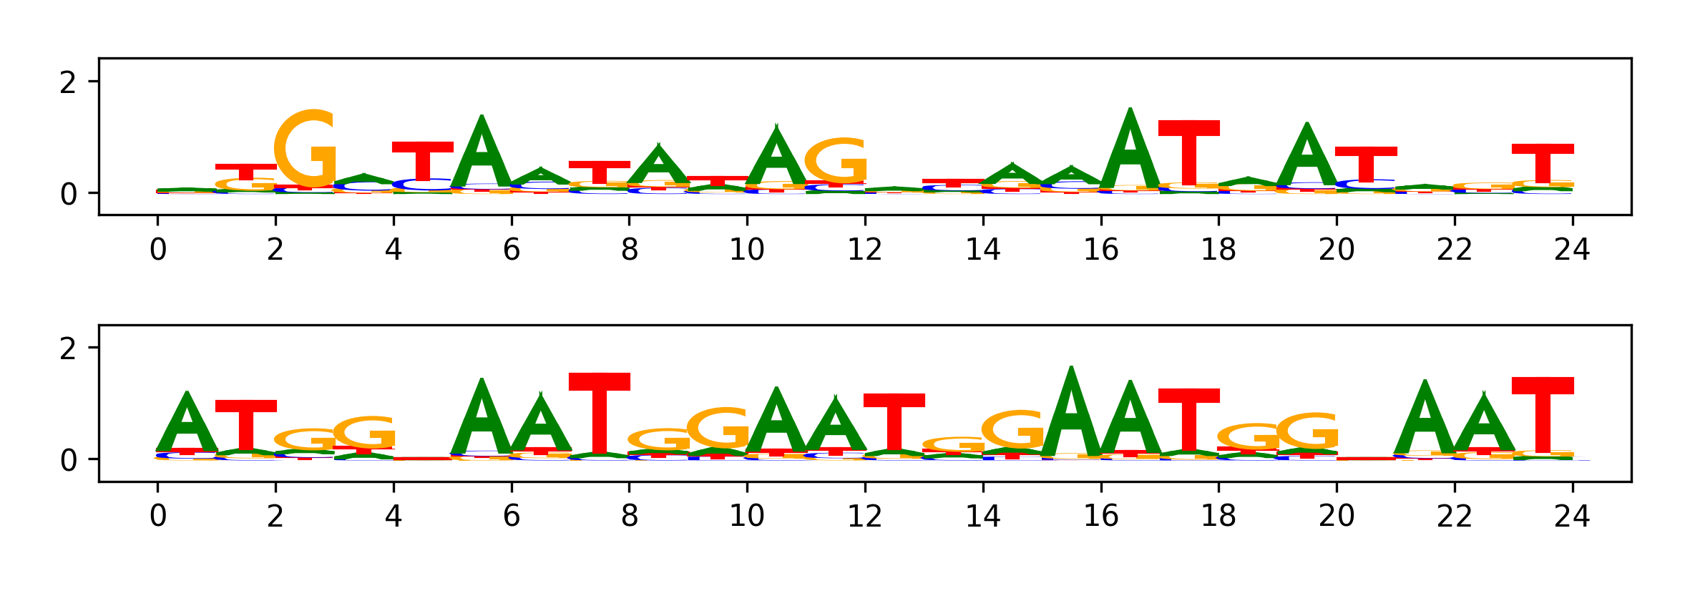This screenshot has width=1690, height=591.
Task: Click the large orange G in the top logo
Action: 306,149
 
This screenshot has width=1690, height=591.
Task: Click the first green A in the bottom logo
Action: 187,424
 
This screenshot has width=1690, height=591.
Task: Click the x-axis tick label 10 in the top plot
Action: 747,250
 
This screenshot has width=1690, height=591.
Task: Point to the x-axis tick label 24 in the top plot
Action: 1572,250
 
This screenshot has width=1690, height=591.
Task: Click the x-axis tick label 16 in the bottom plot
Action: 1100,516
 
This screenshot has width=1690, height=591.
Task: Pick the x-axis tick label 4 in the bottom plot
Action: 394,516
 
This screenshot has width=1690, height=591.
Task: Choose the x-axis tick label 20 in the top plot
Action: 1337,250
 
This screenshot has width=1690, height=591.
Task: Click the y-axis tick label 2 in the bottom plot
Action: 68,349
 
